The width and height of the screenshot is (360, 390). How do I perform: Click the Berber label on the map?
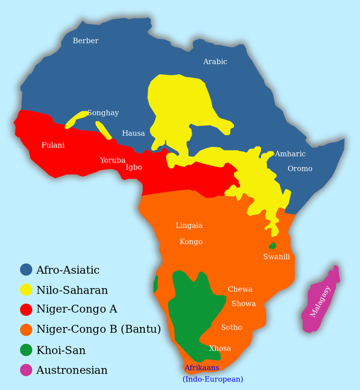pyautogui.click(x=86, y=41)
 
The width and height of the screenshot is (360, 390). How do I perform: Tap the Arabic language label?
pyautogui.click(x=215, y=62)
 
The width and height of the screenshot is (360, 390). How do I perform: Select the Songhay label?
pyautogui.click(x=103, y=113)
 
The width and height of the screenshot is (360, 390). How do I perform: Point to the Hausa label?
pyautogui.click(x=134, y=133)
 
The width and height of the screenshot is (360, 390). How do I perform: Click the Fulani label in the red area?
pyautogui.click(x=53, y=145)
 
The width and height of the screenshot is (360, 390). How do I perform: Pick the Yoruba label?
pyautogui.click(x=112, y=160)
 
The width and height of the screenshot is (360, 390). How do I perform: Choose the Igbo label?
pyautogui.click(x=134, y=167)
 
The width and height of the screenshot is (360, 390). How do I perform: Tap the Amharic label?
pyautogui.click(x=290, y=154)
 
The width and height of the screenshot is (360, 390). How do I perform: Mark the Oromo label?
pyautogui.click(x=300, y=169)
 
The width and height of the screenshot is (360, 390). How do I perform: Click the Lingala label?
pyautogui.click(x=189, y=226)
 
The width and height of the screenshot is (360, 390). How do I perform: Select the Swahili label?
pyautogui.click(x=276, y=257)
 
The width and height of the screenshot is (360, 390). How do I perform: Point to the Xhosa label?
pyautogui.click(x=220, y=348)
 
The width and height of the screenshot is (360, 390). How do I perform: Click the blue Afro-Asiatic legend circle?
pyautogui.click(x=27, y=269)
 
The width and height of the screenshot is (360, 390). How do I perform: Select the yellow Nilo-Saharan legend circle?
pyautogui.click(x=27, y=289)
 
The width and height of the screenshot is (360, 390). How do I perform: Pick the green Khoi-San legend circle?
pyautogui.click(x=27, y=350)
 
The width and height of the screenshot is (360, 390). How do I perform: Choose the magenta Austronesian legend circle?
pyautogui.click(x=27, y=370)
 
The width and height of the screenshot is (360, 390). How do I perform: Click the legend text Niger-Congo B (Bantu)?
pyautogui.click(x=99, y=330)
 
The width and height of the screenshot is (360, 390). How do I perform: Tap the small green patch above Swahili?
pyautogui.click(x=272, y=246)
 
